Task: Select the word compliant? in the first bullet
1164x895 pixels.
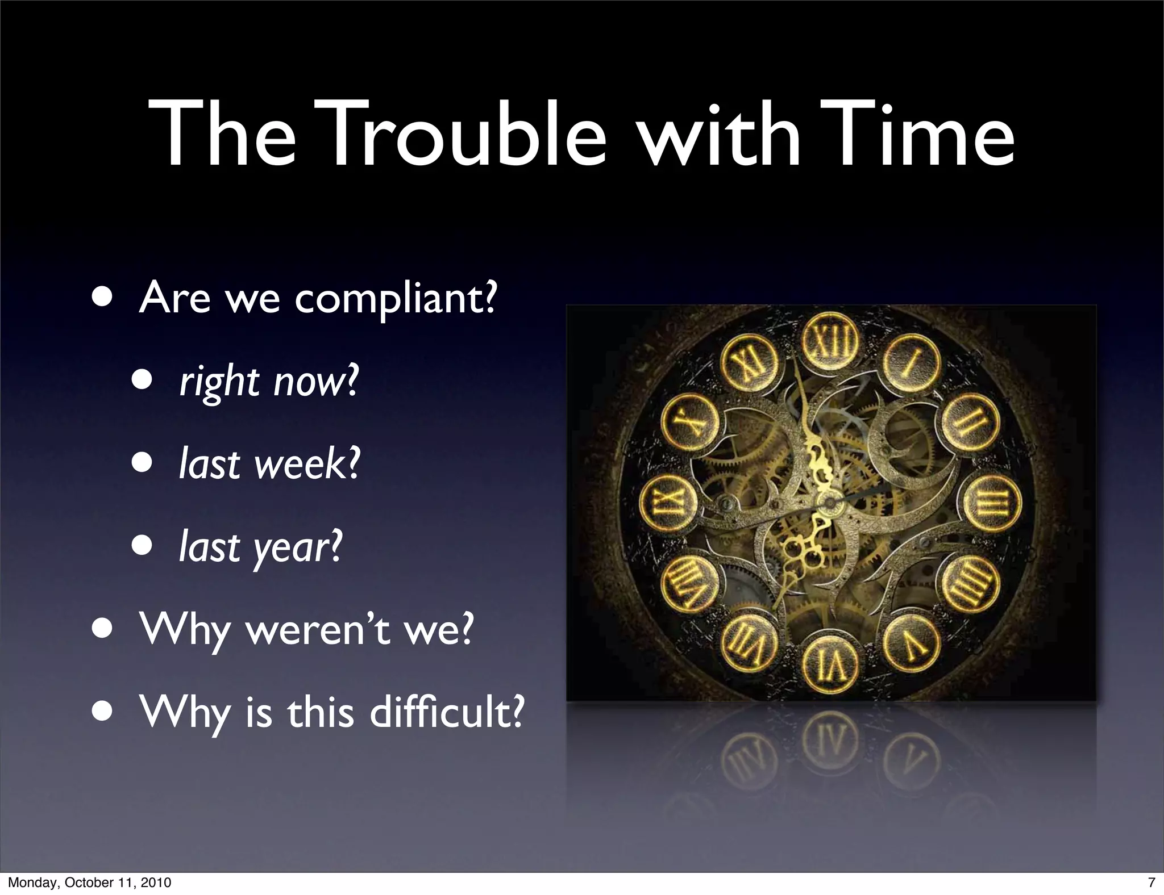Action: pyautogui.click(x=396, y=298)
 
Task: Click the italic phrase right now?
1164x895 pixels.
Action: pyautogui.click(x=268, y=382)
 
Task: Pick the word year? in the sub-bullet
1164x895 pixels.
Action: pyautogui.click(x=298, y=547)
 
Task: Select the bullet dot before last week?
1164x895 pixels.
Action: pyautogui.click(x=142, y=463)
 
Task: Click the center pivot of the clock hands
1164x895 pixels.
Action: pyautogui.click(x=829, y=502)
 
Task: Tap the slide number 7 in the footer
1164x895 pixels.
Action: pyautogui.click(x=1151, y=883)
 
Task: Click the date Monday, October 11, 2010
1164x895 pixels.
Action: pyautogui.click(x=89, y=883)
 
